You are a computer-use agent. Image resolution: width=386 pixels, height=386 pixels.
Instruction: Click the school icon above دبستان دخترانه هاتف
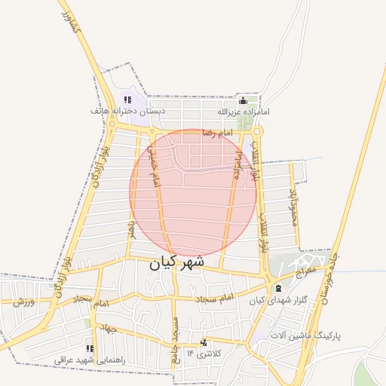(x=127, y=100)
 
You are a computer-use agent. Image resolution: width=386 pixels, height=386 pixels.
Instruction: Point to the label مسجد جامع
(x=175, y=339)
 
